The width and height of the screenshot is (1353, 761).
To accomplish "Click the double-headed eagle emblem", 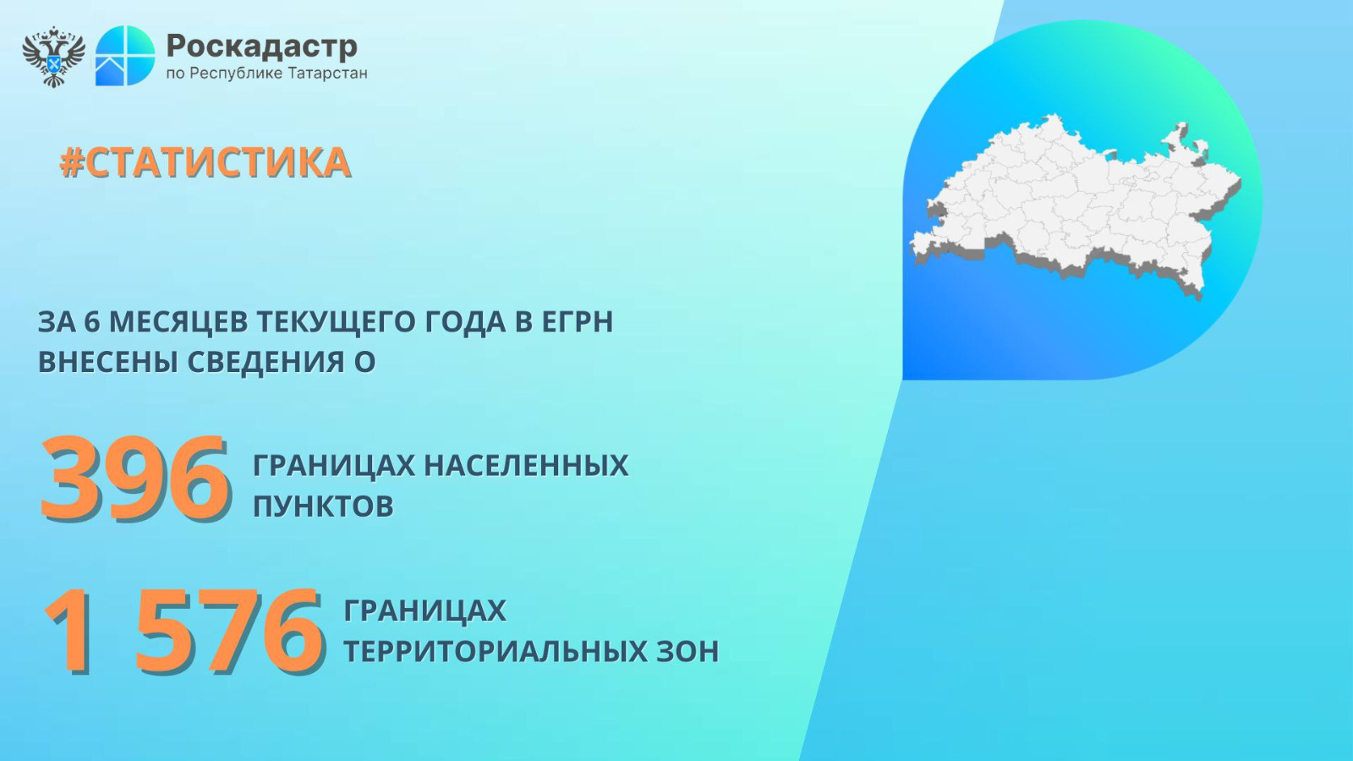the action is [x=54, y=56].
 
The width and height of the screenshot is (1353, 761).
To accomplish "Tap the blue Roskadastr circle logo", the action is [x=125, y=56].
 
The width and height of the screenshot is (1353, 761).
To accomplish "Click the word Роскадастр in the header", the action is [x=261, y=46].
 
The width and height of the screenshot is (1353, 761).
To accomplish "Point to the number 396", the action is [x=134, y=478].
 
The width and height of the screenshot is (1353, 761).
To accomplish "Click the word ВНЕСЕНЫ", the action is [x=107, y=363].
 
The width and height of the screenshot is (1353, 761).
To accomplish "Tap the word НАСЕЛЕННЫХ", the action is [x=526, y=466].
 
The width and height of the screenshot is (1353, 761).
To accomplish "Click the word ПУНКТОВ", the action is [x=323, y=506].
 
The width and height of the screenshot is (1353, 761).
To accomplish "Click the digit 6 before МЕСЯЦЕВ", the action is [x=91, y=322].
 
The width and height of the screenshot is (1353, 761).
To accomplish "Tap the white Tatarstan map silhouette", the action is [x=1076, y=202].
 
